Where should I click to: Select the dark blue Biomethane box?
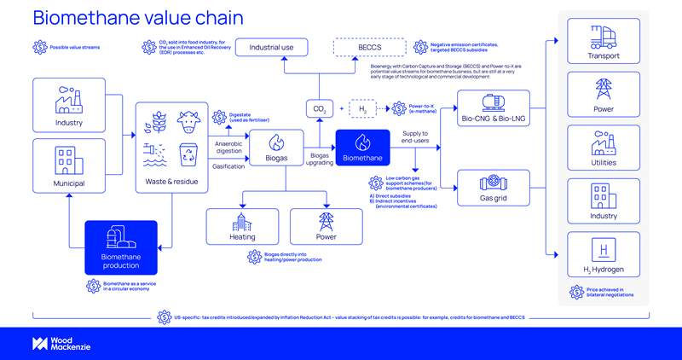[362, 147]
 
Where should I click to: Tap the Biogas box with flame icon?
[275, 147]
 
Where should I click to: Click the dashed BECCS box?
[369, 48]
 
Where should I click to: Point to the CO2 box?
[318, 108]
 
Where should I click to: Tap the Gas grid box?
[494, 188]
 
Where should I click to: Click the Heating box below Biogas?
[242, 225]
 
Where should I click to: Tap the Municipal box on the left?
[67, 166]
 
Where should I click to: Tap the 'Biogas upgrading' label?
[319, 158]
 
